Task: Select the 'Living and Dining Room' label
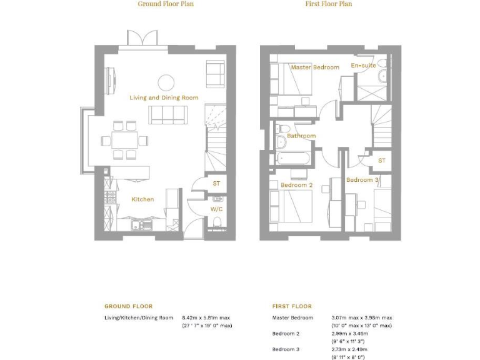point(164,97)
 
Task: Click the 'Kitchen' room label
point(142,199)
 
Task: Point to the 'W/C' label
point(216,209)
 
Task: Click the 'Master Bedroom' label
point(315,67)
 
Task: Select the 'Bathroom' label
point(301,136)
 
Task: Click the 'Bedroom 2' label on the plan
point(297,185)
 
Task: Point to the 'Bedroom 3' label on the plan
point(362,180)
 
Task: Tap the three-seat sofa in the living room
point(167,114)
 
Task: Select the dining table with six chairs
point(125,139)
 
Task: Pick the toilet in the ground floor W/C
point(216,222)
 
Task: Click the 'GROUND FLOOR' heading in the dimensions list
point(128,306)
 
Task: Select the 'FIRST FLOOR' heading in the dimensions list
point(292,306)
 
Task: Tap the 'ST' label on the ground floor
point(216,183)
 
